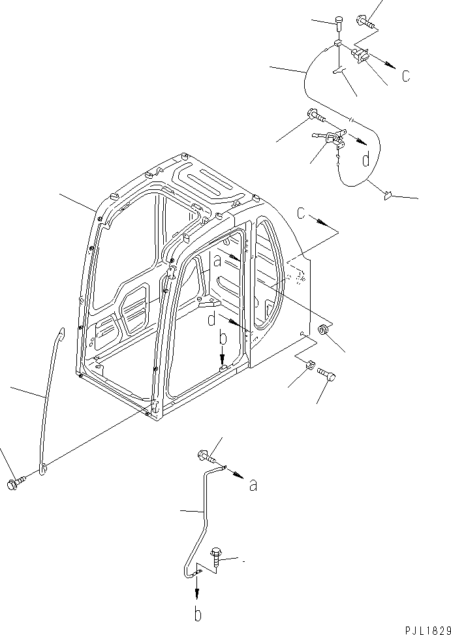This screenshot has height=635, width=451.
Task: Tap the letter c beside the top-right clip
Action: tap(405, 76)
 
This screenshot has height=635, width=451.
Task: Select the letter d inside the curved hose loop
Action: tap(367, 159)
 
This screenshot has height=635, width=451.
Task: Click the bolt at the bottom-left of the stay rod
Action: tap(15, 484)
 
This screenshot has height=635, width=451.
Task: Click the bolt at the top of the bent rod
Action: tap(202, 457)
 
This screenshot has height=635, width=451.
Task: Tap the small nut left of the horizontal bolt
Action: tap(311, 366)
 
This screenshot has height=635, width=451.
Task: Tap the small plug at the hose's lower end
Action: tap(388, 193)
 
